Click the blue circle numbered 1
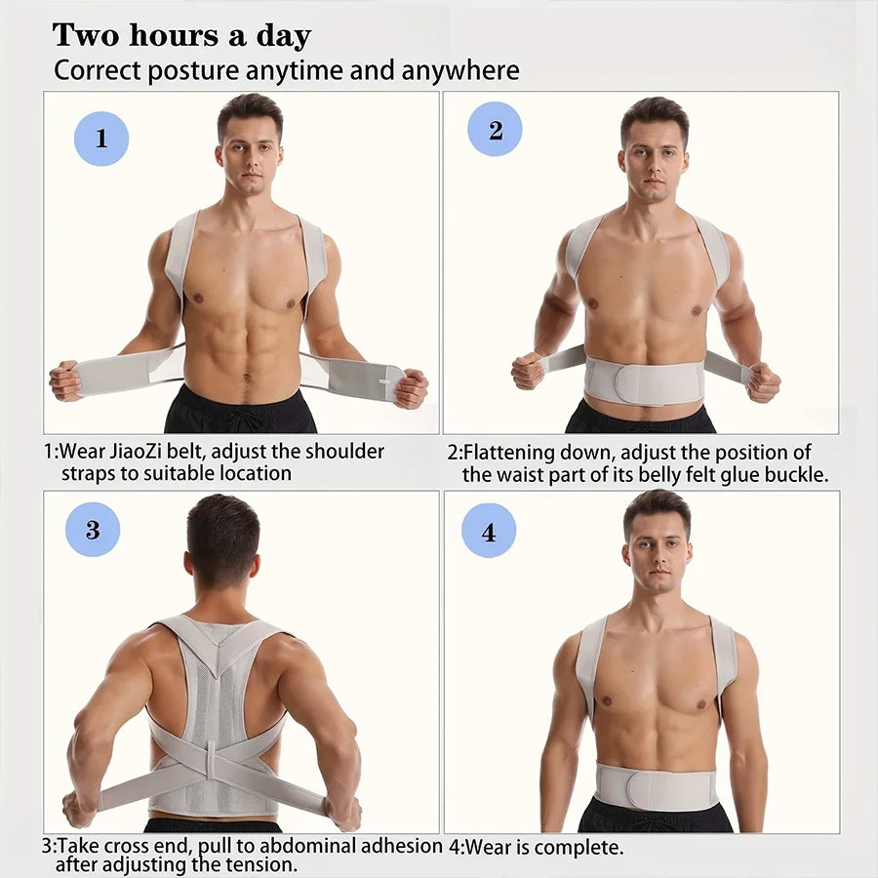click(x=101, y=139)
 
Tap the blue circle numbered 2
click(x=495, y=129)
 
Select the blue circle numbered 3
click(x=93, y=530)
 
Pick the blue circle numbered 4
click(x=488, y=533)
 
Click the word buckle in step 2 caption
click(x=796, y=475)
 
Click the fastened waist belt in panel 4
click(x=656, y=786)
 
